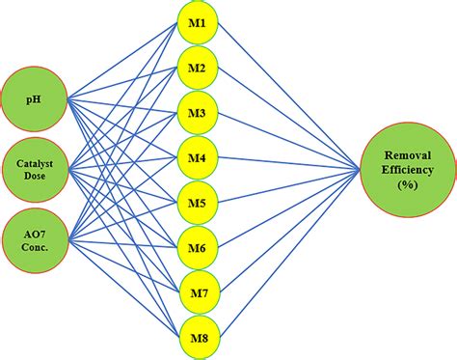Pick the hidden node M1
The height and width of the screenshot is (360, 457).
pyautogui.click(x=197, y=21)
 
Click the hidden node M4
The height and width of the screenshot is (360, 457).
pyautogui.click(x=197, y=156)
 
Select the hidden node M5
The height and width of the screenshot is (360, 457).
pyautogui.click(x=197, y=202)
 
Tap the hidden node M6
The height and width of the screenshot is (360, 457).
pyautogui.click(x=197, y=247)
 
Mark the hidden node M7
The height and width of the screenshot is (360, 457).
pyautogui.click(x=197, y=292)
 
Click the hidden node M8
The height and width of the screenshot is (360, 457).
pyautogui.click(x=197, y=338)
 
